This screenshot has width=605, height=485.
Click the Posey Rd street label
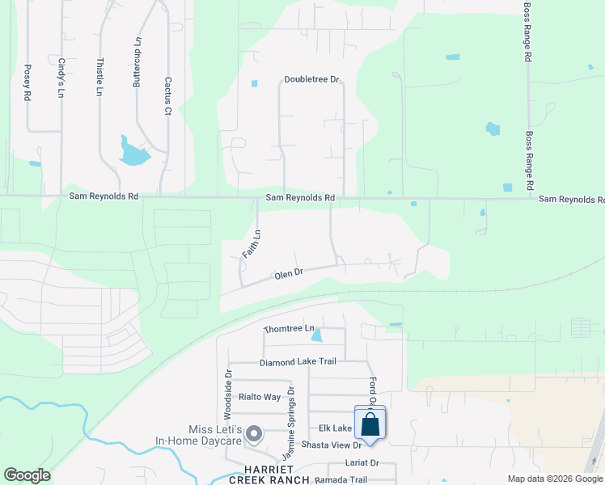tap(27, 82)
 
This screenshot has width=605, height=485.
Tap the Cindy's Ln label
tap(61, 78)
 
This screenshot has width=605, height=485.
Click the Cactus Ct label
tap(168, 95)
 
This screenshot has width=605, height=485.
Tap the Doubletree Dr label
tap(311, 80)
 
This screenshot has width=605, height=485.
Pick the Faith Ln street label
tap(252, 244)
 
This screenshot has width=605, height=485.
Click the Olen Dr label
tap(288, 274)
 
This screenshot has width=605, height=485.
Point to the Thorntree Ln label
tap(289, 329)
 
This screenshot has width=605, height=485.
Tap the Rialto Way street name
tap(259, 397)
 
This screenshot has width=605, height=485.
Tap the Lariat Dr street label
tap(362, 463)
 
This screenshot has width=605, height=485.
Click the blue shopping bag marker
tap(370, 424)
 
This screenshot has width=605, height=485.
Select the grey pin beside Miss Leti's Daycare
tap(254, 435)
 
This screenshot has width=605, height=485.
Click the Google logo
tap(27, 475)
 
